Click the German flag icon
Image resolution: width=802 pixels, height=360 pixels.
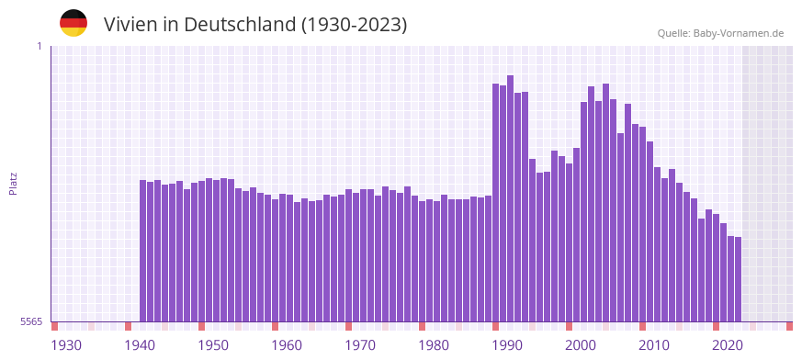(73, 23)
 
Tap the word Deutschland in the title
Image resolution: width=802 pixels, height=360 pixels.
(240, 25)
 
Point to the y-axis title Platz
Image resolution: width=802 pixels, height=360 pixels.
(13, 183)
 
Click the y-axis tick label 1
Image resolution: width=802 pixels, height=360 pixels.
(39, 46)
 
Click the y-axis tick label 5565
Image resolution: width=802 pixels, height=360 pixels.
(31, 321)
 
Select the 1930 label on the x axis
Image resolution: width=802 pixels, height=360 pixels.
(66, 345)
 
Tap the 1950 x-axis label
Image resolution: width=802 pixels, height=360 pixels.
(213, 345)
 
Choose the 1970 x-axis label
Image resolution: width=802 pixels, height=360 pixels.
(360, 345)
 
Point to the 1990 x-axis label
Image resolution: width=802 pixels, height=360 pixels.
(507, 345)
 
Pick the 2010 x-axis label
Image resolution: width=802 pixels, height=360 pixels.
(654, 345)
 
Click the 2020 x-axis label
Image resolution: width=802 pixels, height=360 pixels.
(728, 345)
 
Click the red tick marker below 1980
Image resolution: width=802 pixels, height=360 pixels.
(422, 326)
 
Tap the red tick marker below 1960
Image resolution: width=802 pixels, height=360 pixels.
(275, 326)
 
